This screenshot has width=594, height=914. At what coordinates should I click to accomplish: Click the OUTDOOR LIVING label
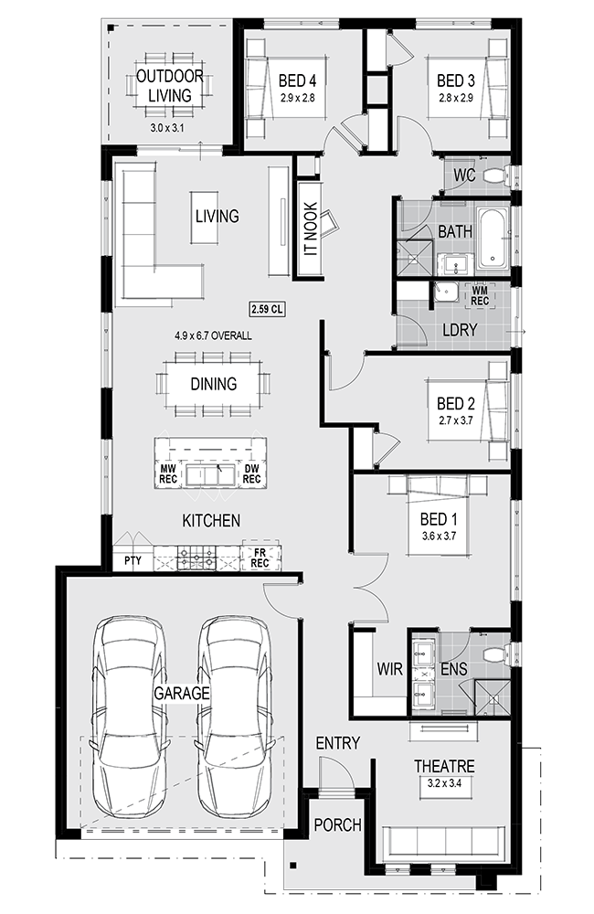click(x=170, y=86)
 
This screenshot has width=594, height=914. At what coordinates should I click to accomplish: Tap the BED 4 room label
click(x=297, y=80)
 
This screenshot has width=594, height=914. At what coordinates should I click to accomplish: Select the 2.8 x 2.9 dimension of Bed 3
click(x=455, y=98)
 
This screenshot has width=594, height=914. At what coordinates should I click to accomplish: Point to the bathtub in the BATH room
click(x=493, y=238)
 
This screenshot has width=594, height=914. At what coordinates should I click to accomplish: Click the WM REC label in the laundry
click(x=480, y=295)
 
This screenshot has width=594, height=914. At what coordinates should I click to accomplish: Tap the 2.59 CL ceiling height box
click(x=267, y=309)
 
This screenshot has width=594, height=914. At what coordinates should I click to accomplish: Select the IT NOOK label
click(x=311, y=229)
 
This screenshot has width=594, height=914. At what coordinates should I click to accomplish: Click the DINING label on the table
click(x=213, y=384)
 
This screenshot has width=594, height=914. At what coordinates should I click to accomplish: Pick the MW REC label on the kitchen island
click(x=168, y=473)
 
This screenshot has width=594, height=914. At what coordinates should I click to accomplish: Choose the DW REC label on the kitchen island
click(x=251, y=473)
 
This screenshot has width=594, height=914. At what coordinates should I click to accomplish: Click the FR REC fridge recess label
click(x=260, y=558)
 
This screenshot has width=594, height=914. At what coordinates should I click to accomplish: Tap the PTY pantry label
click(x=133, y=561)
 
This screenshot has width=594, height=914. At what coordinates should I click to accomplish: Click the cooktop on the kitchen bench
click(x=196, y=558)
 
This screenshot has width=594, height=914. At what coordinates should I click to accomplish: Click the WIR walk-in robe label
click(x=389, y=669)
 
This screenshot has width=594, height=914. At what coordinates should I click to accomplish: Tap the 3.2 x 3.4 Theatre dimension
click(x=444, y=783)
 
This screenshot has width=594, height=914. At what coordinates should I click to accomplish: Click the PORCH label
click(x=337, y=824)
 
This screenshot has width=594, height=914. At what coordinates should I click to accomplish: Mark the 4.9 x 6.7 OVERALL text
click(x=213, y=335)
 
